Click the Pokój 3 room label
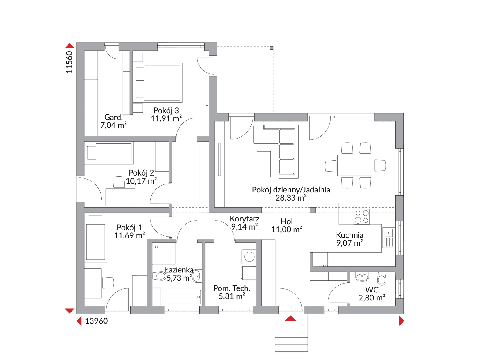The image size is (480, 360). (166, 110)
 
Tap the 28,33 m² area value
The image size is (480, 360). (291, 198)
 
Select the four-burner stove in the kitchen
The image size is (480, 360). (362, 216)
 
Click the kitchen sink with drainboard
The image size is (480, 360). (389, 238)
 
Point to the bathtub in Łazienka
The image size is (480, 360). (181, 297)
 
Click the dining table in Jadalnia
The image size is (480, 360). (355, 165)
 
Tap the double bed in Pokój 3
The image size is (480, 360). (157, 83)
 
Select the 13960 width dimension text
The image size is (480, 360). (97, 321)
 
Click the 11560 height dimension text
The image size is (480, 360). (69, 62)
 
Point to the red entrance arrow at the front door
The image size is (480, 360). (290, 318)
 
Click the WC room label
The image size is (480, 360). (372, 290)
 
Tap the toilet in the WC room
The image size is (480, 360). (382, 279)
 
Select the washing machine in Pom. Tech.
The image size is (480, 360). (249, 257)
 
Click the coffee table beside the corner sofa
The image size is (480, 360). (263, 164)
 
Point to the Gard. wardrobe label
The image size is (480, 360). (114, 117)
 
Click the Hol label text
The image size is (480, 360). (287, 221)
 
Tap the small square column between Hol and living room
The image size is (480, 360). (313, 210)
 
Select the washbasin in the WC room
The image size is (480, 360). (362, 276)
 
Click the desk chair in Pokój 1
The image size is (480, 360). (108, 283)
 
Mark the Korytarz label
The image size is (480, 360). (245, 219)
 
